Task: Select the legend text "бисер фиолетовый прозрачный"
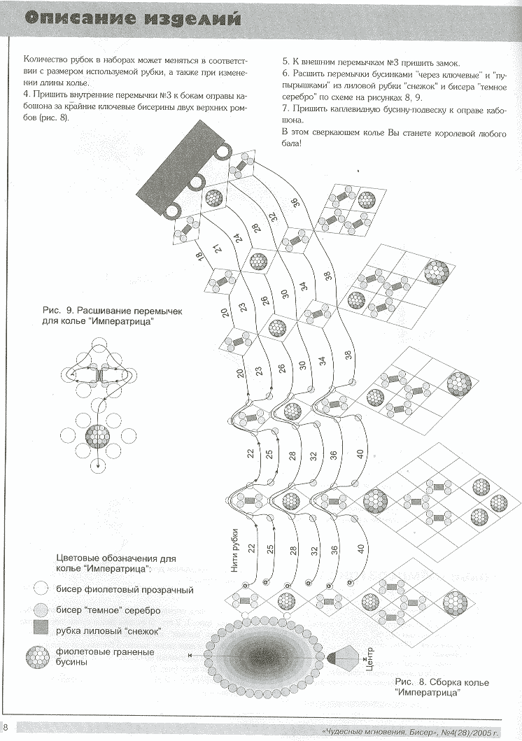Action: [x=124, y=590]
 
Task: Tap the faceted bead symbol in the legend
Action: [x=40, y=656]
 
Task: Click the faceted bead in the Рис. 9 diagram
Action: [x=99, y=438]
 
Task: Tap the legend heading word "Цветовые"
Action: [x=75, y=558]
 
